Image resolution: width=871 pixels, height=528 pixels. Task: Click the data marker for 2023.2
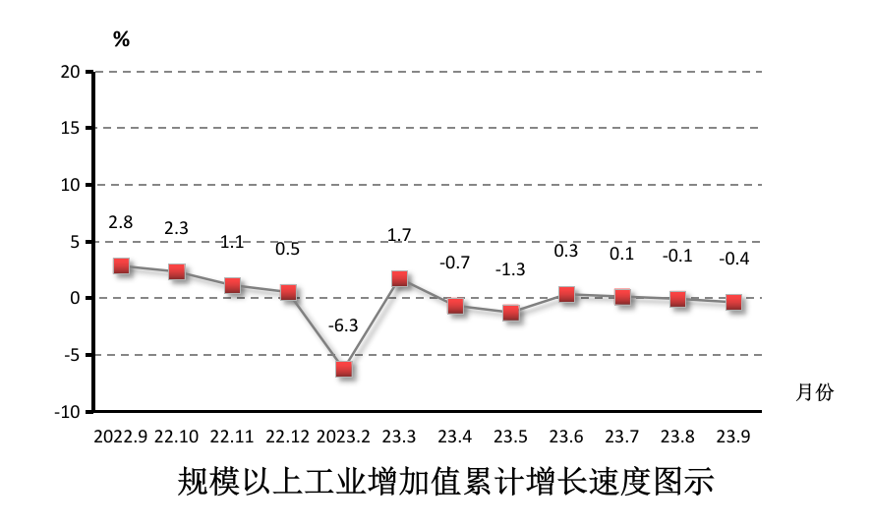click(x=344, y=369)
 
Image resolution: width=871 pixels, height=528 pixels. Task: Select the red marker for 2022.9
click(x=121, y=265)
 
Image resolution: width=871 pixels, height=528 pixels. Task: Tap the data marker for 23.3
click(x=400, y=278)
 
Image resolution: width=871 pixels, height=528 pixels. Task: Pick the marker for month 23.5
click(x=511, y=313)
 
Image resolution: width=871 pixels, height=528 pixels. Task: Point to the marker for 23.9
click(x=733, y=303)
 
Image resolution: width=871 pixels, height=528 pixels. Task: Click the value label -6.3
click(x=344, y=324)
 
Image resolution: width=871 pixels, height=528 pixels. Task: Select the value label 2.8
click(x=121, y=222)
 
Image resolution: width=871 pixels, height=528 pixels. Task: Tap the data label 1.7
click(x=400, y=235)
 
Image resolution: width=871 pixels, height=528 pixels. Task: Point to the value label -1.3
click(x=510, y=269)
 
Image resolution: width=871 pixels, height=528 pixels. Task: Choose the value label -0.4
click(x=733, y=260)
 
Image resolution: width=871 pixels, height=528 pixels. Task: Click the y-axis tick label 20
click(x=70, y=72)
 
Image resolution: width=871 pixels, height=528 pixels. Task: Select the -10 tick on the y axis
click(x=67, y=412)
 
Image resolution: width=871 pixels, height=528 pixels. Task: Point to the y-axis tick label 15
click(x=70, y=129)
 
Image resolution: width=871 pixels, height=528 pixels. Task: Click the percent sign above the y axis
click(x=121, y=40)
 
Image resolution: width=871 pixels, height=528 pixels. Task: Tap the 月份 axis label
click(x=814, y=392)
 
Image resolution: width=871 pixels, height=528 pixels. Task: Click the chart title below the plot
click(x=445, y=483)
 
